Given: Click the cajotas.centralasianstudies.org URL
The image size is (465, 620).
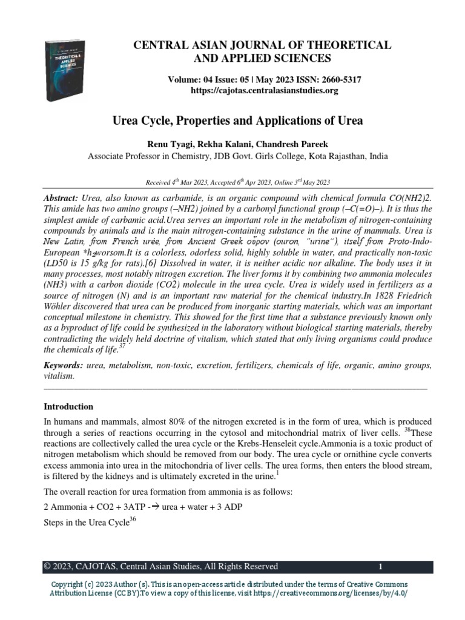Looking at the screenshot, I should pos(255,90).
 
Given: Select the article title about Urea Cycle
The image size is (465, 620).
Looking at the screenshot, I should pos(238,120).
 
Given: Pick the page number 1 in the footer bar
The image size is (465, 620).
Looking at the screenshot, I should pos(380,567).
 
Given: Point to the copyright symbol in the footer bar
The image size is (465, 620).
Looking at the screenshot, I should pos(47,567).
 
